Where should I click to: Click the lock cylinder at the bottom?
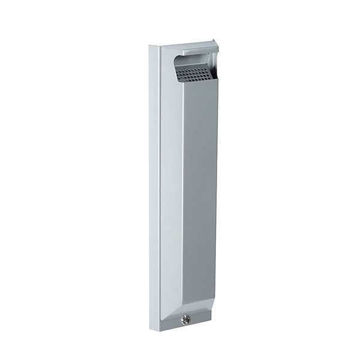click(x=186, y=320)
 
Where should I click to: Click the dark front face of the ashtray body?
click(x=200, y=192)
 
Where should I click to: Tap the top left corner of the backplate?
click(x=151, y=45)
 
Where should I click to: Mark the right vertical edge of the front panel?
click(x=217, y=192)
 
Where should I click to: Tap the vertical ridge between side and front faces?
click(x=182, y=192)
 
